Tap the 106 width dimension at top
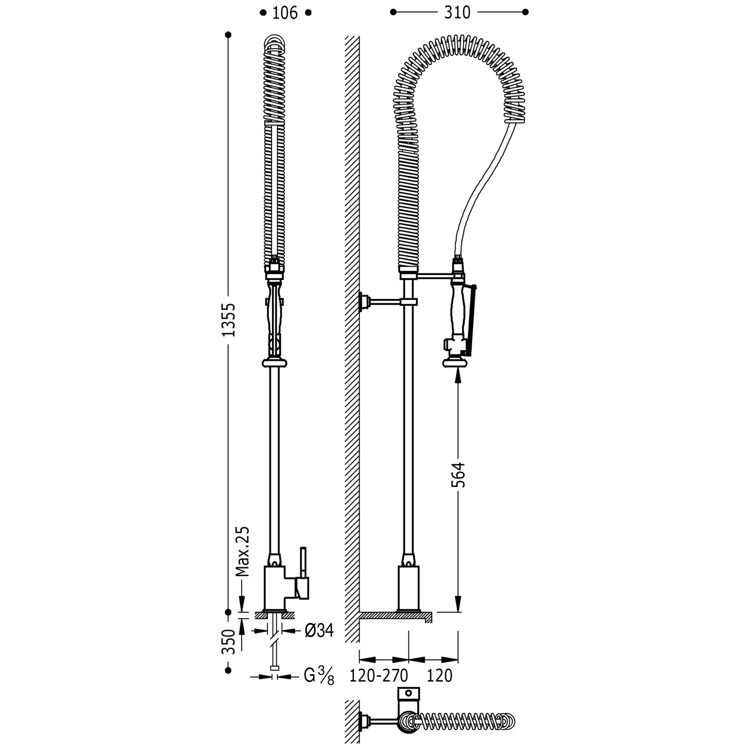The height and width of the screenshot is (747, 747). coord(285,13)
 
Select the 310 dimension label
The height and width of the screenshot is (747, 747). coord(457,12)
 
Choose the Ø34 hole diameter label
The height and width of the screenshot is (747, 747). coord(318,630)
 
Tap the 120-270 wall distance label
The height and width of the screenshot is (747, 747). coord(378,676)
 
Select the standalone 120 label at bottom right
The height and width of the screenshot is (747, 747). coord(439,676)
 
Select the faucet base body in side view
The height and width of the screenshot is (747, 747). coord(408,588)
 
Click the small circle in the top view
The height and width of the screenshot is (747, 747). coord(408,692)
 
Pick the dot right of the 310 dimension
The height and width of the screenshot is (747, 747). coord(525,12)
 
